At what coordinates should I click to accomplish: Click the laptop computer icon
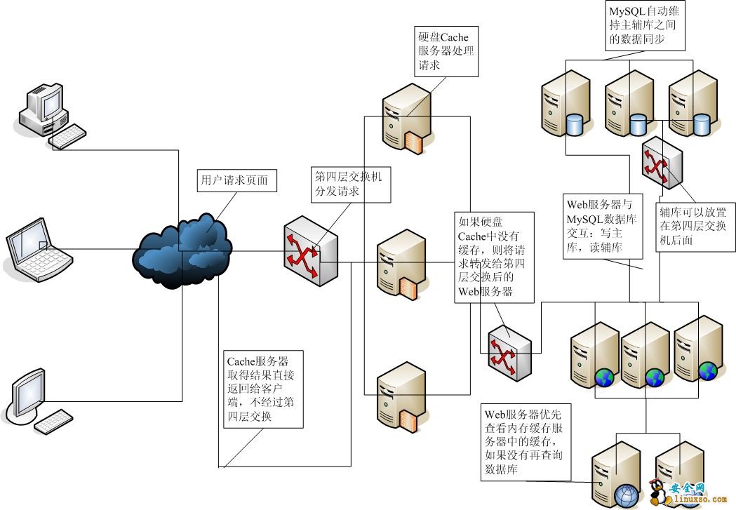click(x=40, y=250)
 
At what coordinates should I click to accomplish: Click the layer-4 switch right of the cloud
click(x=310, y=255)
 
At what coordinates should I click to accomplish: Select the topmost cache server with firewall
click(x=405, y=117)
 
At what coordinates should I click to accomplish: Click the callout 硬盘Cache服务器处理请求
click(x=446, y=51)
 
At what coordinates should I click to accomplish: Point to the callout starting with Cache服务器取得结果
click(x=264, y=389)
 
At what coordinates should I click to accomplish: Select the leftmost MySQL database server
click(x=565, y=107)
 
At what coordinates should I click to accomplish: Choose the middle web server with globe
click(x=644, y=354)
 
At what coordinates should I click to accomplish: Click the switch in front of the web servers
click(x=509, y=351)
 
